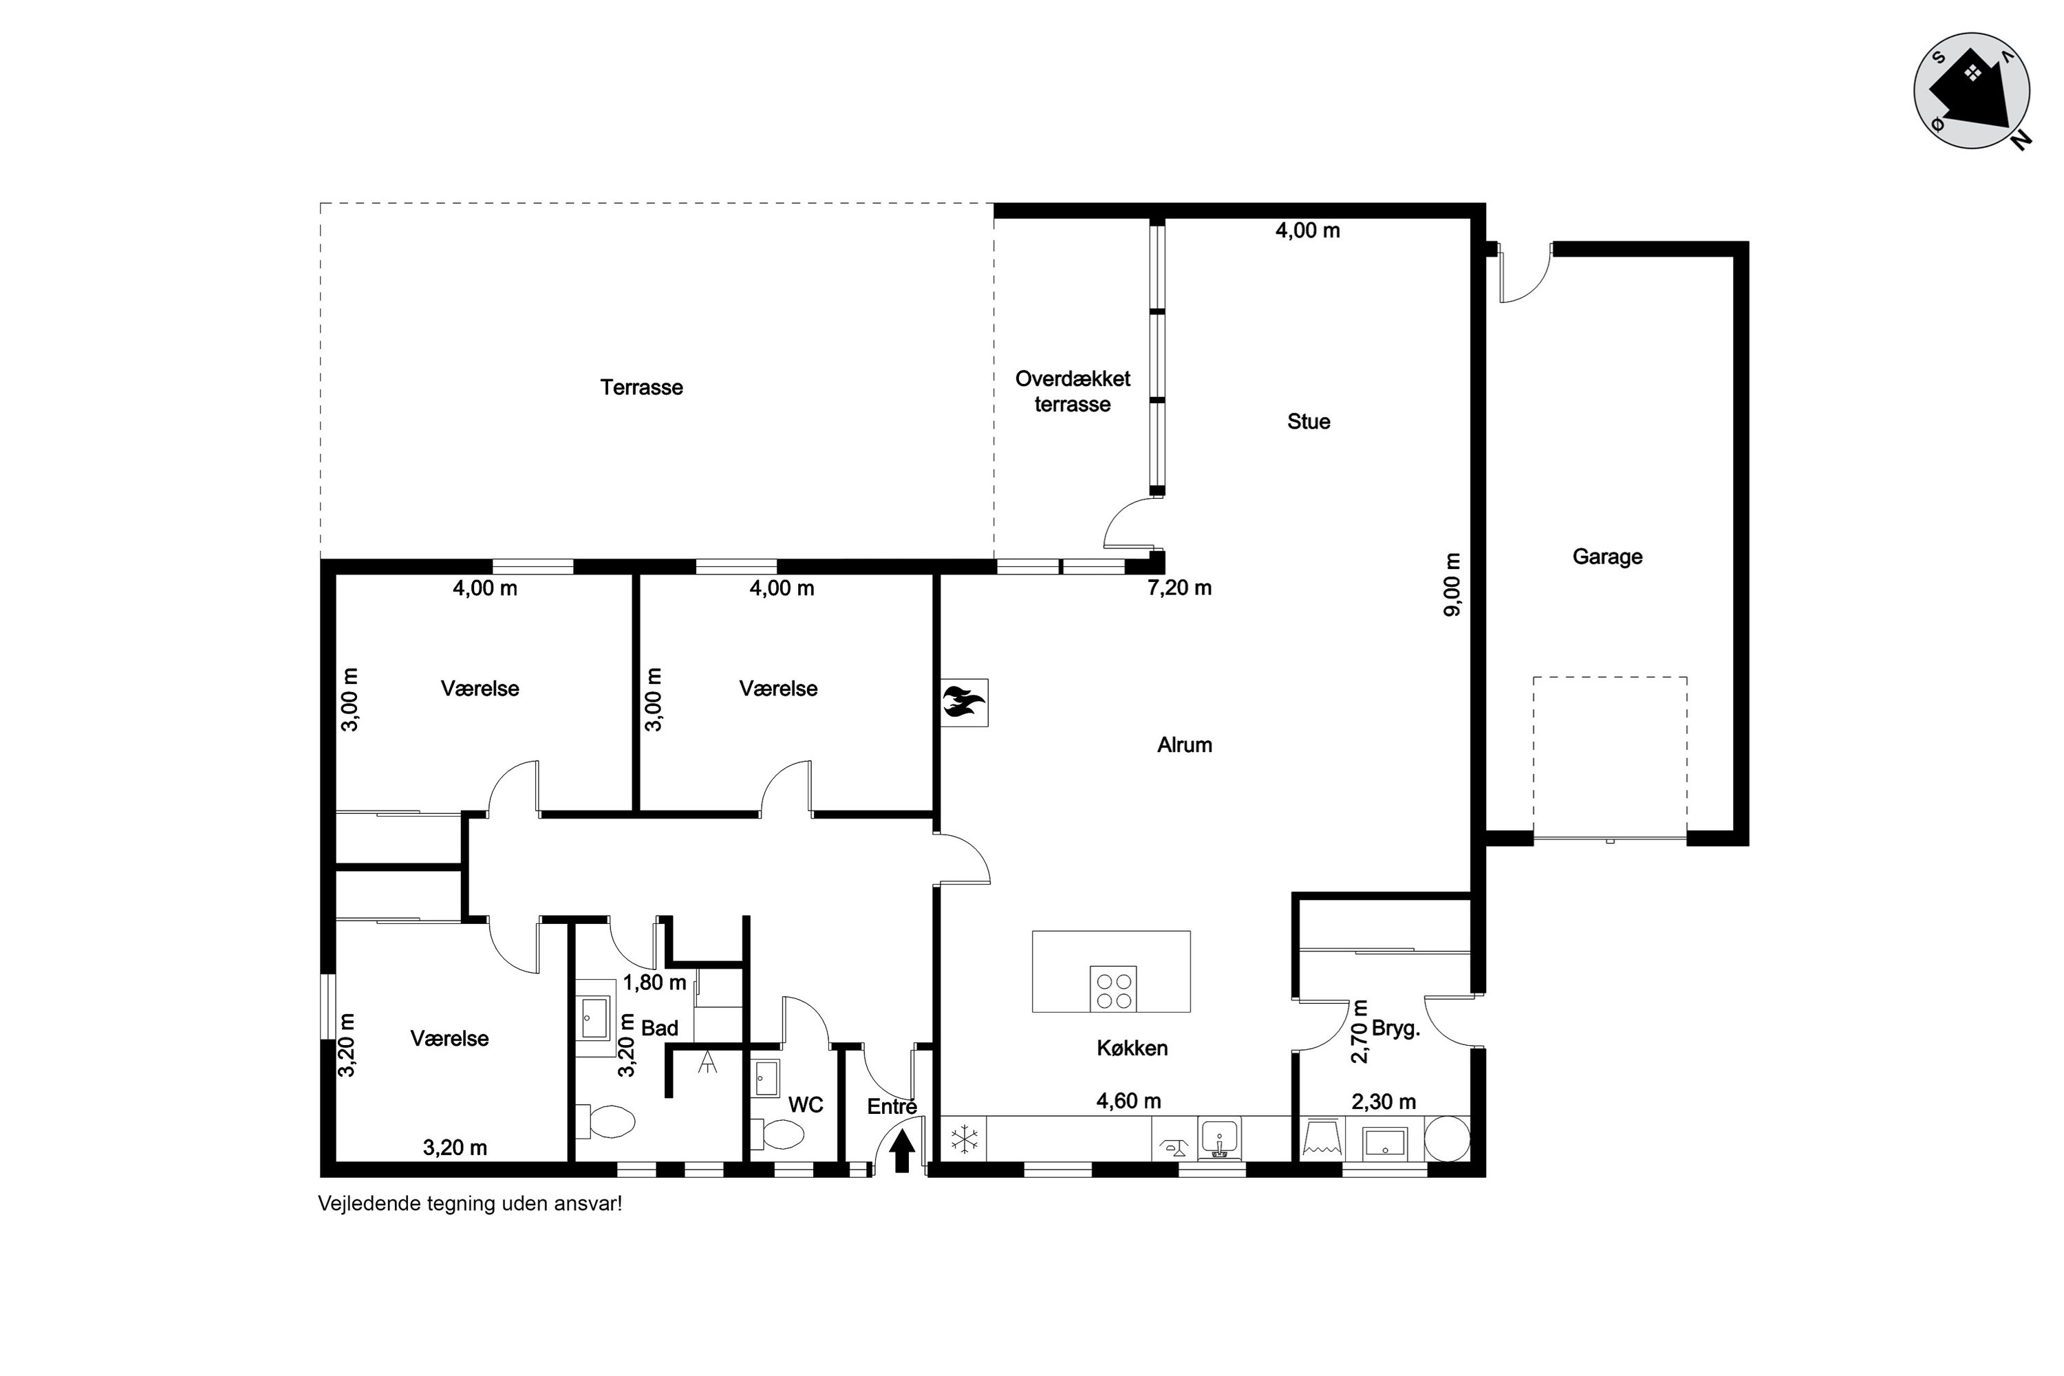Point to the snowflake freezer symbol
(965, 1139)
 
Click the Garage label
(1606, 557)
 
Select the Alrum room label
(1185, 744)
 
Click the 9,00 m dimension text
(1452, 584)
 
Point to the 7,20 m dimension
(1179, 588)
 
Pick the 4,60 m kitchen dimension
(1128, 1100)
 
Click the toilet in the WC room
(777, 1136)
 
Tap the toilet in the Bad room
(605, 1121)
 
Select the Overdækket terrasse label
(1073, 391)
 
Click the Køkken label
(1132, 1048)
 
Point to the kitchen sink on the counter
(1219, 1139)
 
